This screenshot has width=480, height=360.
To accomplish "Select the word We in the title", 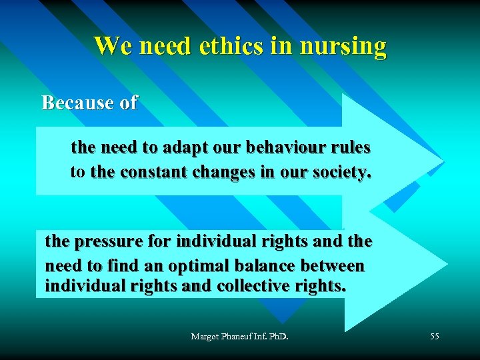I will [x=108, y=46].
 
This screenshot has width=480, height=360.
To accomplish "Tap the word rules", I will [x=349, y=147].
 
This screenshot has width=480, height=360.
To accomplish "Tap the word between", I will [x=333, y=266].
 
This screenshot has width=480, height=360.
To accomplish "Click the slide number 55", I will [x=434, y=337].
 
